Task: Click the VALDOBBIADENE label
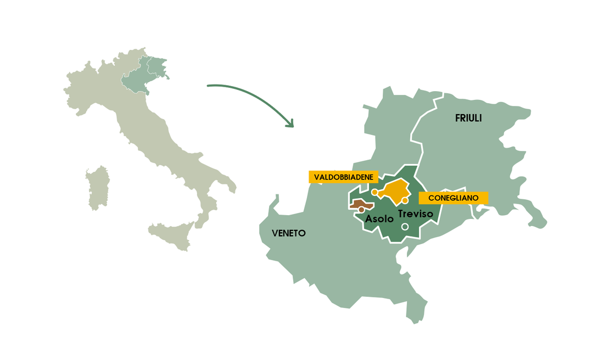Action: pyautogui.click(x=343, y=177)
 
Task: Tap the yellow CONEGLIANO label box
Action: pyautogui.click(x=453, y=198)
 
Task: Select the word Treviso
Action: pyautogui.click(x=416, y=213)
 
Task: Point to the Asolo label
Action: pyautogui.click(x=379, y=218)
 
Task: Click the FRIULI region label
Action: pyautogui.click(x=468, y=118)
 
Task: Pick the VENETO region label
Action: pyautogui.click(x=289, y=233)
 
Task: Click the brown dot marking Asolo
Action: pyautogui.click(x=361, y=210)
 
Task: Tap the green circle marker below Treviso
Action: pyautogui.click(x=405, y=227)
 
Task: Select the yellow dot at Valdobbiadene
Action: pyautogui.click(x=374, y=192)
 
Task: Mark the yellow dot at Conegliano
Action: pyautogui.click(x=405, y=200)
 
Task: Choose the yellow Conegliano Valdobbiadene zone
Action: pyautogui.click(x=394, y=190)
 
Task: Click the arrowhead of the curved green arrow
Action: pyautogui.click(x=290, y=125)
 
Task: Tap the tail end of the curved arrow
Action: pyautogui.click(x=209, y=86)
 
